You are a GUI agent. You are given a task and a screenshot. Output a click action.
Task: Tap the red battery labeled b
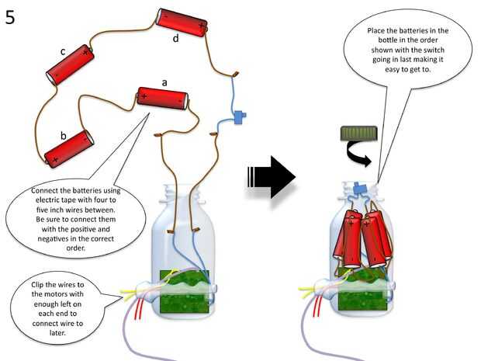(x=69, y=148)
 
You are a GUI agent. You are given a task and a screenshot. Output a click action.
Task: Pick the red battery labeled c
(x=70, y=67)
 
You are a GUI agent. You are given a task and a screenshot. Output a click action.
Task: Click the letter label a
(x=164, y=81)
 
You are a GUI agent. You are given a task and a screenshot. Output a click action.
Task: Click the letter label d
(x=175, y=37)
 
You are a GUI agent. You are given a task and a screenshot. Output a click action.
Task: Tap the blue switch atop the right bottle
(x=359, y=188)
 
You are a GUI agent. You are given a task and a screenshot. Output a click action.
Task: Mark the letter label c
(x=63, y=51)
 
